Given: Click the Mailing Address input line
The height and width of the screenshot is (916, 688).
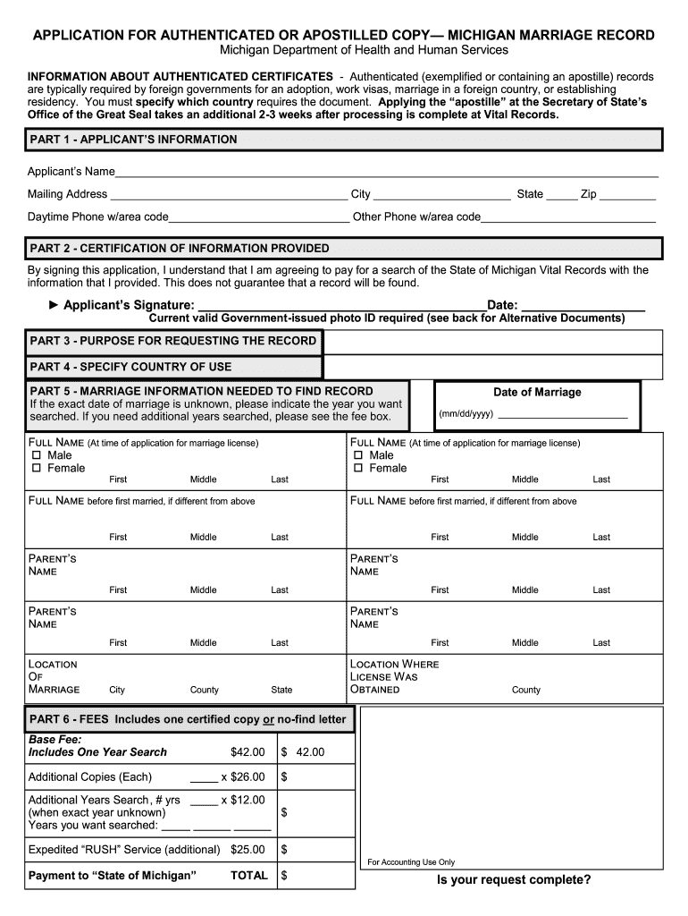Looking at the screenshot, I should click(x=228, y=195).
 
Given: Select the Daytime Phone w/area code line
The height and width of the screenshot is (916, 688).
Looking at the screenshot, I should click(x=259, y=217).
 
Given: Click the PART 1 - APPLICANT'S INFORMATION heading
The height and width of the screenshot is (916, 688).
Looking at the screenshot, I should click(x=134, y=140).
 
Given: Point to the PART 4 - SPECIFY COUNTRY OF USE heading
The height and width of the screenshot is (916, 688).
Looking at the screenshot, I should click(x=130, y=367).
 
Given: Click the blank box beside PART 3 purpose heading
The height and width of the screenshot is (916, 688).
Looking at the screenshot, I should click(x=492, y=342).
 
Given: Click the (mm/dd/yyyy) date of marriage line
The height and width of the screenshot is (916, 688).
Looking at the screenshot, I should click(x=562, y=416).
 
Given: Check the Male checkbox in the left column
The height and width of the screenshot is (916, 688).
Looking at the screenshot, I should click(x=37, y=456).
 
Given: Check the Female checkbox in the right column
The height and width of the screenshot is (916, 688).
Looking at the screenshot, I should click(x=358, y=469).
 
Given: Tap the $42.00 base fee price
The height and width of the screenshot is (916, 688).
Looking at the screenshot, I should click(x=248, y=752).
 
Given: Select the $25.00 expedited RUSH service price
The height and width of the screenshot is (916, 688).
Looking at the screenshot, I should click(x=248, y=849).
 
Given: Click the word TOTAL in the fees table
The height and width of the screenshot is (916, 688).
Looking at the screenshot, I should click(x=249, y=876).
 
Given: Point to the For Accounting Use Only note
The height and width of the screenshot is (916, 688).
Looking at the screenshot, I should click(x=411, y=862).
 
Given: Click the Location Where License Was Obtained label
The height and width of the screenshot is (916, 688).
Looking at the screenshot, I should click(x=394, y=676).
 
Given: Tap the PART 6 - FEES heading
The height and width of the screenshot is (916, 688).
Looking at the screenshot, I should click(x=188, y=719).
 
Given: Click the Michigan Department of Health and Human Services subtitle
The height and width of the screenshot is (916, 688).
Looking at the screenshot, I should click(x=364, y=51).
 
